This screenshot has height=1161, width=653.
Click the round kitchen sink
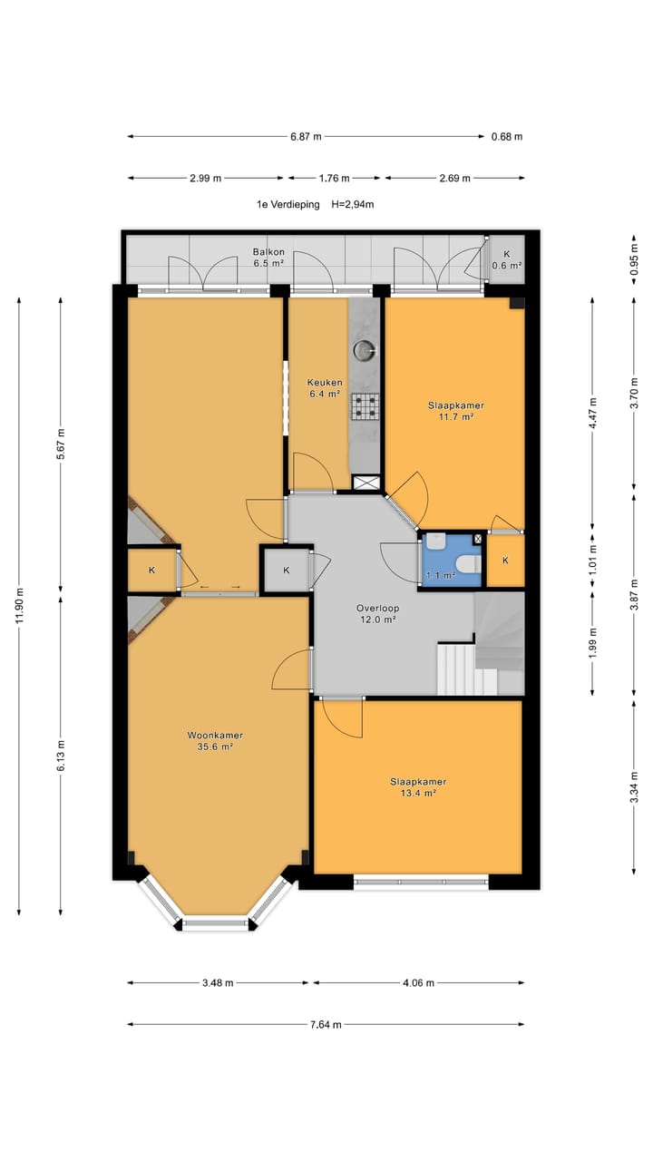[x=364, y=350]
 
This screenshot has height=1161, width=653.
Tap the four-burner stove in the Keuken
[x=365, y=405]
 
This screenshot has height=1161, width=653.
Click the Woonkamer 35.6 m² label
[x=215, y=741]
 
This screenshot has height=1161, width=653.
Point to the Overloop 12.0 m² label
[x=378, y=614]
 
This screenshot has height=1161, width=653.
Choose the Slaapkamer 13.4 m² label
[x=418, y=787]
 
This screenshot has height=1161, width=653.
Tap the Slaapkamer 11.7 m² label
[x=456, y=411]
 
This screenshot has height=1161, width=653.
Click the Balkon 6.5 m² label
[x=268, y=257]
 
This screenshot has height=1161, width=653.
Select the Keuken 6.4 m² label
[x=325, y=387]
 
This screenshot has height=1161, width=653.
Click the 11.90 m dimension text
[x=19, y=606]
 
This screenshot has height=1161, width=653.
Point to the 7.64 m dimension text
[x=326, y=1025]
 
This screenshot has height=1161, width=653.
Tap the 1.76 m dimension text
[x=335, y=179]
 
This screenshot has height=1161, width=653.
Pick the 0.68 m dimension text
[x=507, y=137]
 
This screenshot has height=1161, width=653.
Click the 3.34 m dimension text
[x=634, y=787]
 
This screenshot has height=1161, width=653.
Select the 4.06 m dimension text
[x=419, y=982]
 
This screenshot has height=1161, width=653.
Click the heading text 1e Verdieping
[x=288, y=204]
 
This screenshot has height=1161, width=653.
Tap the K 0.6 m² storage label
[x=507, y=259]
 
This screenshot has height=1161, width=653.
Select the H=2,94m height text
[x=353, y=204]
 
